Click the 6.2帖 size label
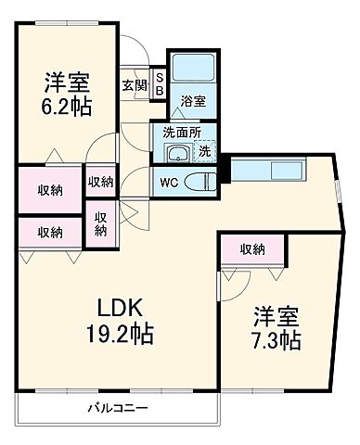pyautogui.click(x=65, y=106)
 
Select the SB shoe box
pyautogui.click(x=159, y=84)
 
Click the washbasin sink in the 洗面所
pyautogui.click(x=175, y=153)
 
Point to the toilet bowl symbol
pyautogui.click(x=198, y=180)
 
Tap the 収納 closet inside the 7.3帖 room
pyautogui.click(x=252, y=248)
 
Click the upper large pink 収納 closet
pyautogui.click(x=51, y=189)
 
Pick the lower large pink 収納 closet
pyautogui.click(x=51, y=231)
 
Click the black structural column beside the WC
pyautogui.click(x=223, y=171)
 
